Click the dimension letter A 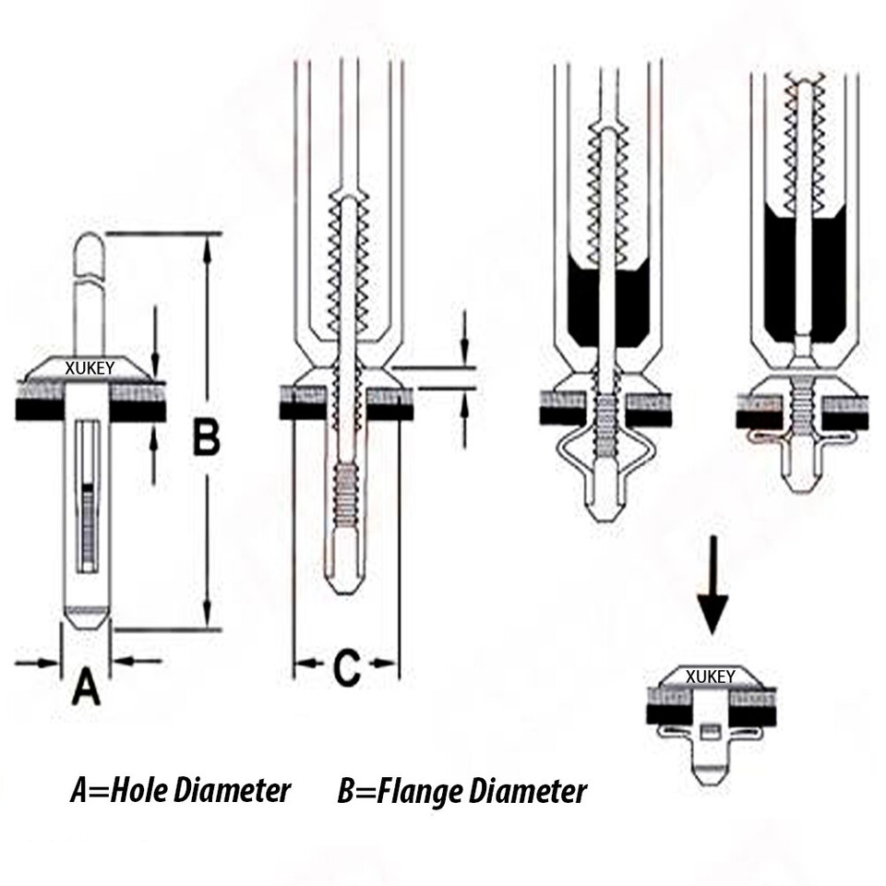86,686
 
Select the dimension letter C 346,668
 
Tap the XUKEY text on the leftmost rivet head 90,368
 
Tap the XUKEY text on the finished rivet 711,676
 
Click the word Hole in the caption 139,791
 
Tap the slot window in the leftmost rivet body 88,497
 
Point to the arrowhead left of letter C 305,664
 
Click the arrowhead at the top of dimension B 208,249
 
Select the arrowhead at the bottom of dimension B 208,613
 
